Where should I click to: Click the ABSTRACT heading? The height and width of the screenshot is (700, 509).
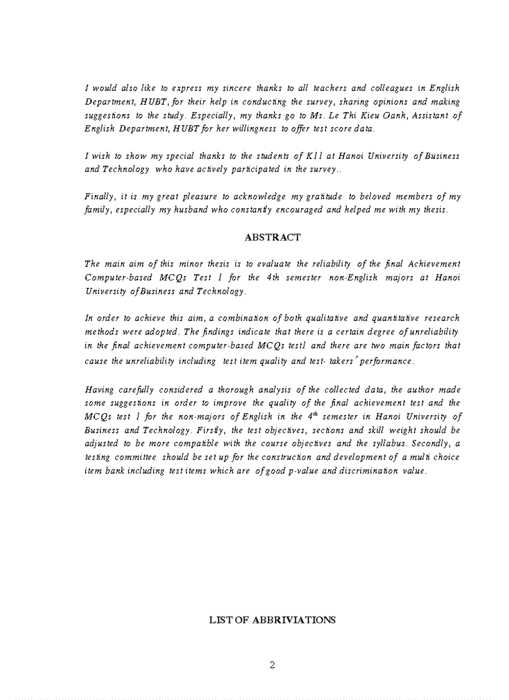(x=273, y=237)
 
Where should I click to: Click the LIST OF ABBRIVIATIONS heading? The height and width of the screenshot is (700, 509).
(x=272, y=620)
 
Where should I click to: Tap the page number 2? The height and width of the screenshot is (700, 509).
(x=272, y=664)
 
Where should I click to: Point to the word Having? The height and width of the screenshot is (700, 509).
(x=99, y=390)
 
